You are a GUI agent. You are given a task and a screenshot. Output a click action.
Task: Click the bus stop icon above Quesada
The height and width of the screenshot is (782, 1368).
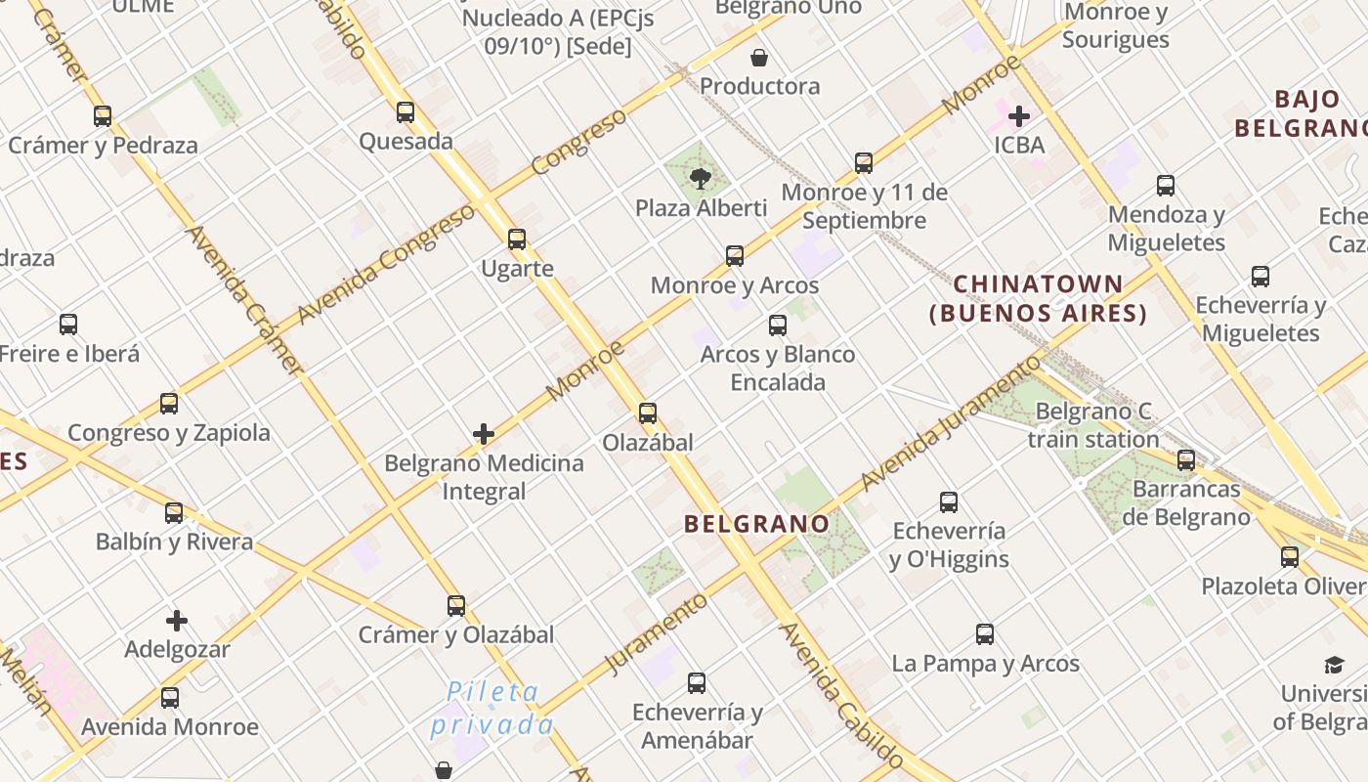tap(406, 112)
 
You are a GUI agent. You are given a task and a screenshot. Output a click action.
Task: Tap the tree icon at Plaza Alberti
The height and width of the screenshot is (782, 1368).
tap(700, 178)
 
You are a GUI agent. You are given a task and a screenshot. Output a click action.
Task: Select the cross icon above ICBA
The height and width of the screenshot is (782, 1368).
tap(1019, 116)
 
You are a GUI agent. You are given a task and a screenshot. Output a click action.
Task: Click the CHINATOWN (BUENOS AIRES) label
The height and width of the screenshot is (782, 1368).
tap(1038, 299)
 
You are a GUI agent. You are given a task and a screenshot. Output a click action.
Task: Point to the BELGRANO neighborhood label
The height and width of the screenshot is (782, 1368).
tap(756, 524)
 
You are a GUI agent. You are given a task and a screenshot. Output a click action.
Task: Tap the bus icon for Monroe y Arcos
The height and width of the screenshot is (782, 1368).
tap(735, 256)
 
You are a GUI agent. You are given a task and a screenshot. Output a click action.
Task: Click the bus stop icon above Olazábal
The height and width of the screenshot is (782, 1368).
tap(648, 413)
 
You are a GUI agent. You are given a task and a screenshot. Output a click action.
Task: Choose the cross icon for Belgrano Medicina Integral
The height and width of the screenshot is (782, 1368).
tap(484, 434)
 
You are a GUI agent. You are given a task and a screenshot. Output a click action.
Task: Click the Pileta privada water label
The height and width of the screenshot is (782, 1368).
tap(492, 709)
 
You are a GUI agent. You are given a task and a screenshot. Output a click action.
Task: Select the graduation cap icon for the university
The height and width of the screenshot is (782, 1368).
tap(1334, 666)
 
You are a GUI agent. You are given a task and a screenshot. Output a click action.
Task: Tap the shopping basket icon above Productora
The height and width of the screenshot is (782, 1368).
tap(759, 58)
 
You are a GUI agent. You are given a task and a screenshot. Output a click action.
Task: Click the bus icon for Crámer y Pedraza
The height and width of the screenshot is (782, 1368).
tap(103, 116)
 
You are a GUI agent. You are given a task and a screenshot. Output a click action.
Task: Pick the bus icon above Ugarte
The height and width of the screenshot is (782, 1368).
tap(517, 239)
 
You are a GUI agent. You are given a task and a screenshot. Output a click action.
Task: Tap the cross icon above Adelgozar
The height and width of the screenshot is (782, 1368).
tap(177, 621)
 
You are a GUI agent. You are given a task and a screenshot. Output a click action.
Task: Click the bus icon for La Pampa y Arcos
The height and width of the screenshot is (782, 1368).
tap(985, 634)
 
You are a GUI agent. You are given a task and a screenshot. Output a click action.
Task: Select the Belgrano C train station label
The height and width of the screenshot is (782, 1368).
tap(1093, 425)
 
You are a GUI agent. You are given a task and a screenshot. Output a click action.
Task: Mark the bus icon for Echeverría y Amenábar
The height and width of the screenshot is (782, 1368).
tap(697, 683)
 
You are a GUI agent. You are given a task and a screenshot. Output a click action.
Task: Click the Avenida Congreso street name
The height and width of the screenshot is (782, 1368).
tap(385, 267)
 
